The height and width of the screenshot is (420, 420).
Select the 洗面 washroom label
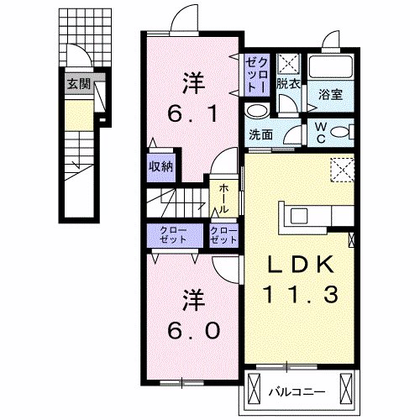click(x=260, y=134)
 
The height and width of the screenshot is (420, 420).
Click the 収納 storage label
click(x=161, y=165)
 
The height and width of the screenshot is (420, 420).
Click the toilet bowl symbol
click(x=339, y=131)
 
